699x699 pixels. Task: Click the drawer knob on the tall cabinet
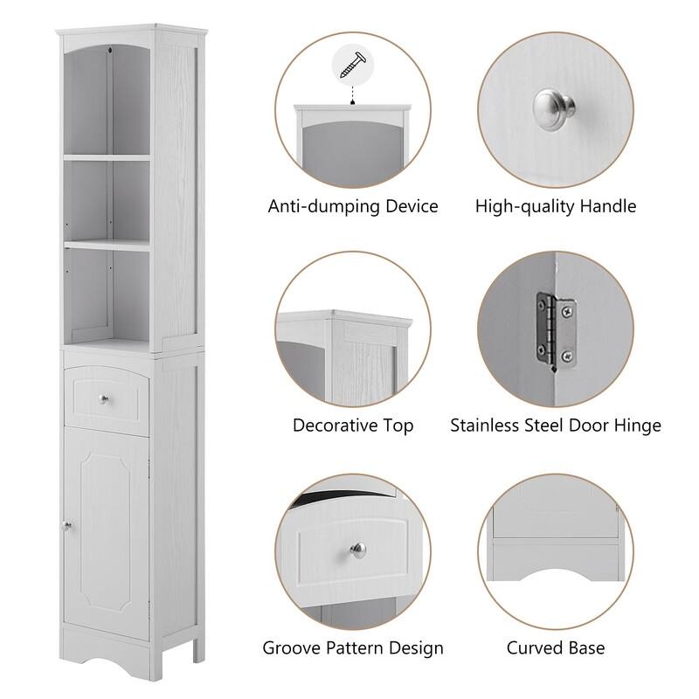coord(104,400)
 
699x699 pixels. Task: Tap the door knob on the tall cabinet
coord(65,525)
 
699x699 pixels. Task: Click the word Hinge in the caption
coord(638,426)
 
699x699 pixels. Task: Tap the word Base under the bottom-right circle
coord(585,648)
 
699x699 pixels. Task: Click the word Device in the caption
coord(411,207)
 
